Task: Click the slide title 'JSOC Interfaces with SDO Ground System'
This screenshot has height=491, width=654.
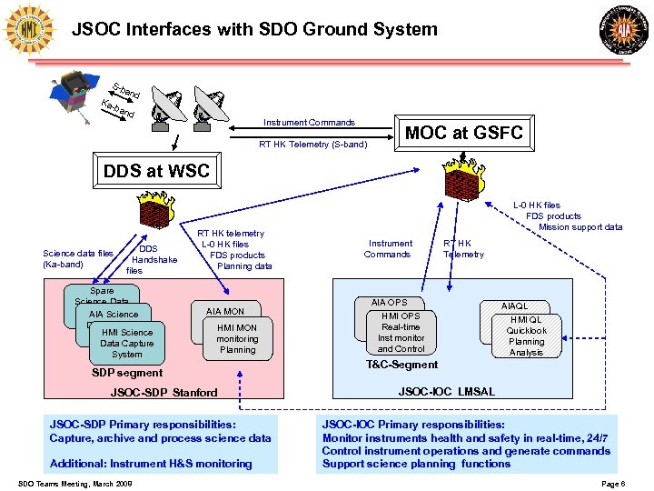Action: [x=254, y=29]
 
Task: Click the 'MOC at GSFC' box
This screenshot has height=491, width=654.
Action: [x=462, y=133]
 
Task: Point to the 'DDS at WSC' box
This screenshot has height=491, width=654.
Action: [x=156, y=170]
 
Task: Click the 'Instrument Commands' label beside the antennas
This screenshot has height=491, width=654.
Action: [x=309, y=123]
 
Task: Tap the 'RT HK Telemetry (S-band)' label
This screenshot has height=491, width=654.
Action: [x=312, y=144]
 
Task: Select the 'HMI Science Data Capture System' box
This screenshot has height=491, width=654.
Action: [x=128, y=343]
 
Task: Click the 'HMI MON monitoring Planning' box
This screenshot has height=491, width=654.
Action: [x=238, y=338]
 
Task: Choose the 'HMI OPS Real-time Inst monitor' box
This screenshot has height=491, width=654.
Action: [x=401, y=333]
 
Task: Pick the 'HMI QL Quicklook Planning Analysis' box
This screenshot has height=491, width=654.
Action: [x=527, y=336]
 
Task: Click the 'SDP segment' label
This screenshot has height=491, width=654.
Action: [x=128, y=373]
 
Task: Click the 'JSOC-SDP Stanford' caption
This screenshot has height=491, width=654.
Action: [x=163, y=393]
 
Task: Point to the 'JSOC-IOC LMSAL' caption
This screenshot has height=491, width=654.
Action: [x=447, y=392]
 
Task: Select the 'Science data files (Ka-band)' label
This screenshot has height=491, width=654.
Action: [x=78, y=259]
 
